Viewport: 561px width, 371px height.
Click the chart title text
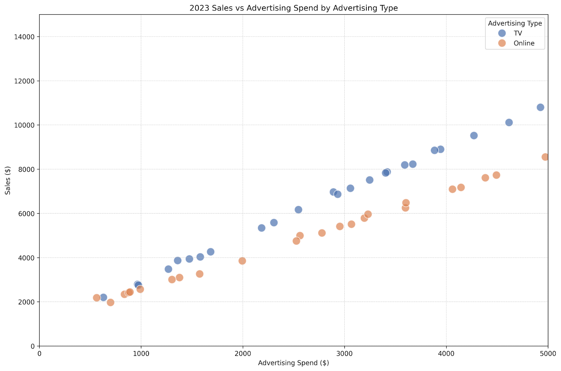[293, 8]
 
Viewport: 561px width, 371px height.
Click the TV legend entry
[518, 33]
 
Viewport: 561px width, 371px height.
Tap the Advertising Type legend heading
[515, 23]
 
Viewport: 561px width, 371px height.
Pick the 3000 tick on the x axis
[344, 354]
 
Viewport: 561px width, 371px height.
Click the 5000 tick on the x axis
[548, 354]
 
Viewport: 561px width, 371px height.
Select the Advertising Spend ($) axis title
[293, 363]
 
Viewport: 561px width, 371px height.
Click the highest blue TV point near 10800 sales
[540, 107]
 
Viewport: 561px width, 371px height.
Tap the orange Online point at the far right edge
[545, 157]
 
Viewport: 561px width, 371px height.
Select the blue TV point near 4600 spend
[509, 122]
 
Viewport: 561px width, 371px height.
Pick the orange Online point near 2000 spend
[242, 261]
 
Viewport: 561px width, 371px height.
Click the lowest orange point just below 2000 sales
[110, 302]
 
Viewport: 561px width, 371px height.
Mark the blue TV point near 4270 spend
[474, 136]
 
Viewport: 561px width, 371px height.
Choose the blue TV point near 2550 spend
[298, 209]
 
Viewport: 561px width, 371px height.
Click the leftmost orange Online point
[97, 298]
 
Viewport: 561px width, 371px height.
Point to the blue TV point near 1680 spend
[210, 252]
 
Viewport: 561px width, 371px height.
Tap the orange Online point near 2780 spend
[322, 233]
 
